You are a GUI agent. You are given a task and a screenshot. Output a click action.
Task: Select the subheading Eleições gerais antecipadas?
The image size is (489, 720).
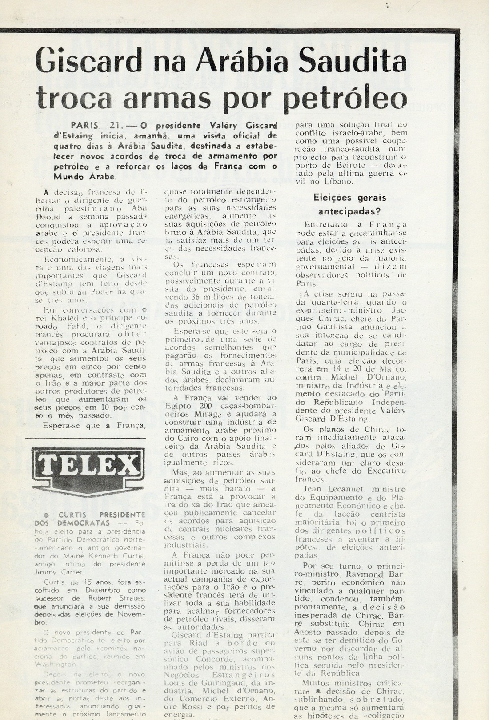coord(349,204)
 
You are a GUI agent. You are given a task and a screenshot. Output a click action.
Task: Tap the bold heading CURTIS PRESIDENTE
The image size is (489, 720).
coord(104,515)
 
